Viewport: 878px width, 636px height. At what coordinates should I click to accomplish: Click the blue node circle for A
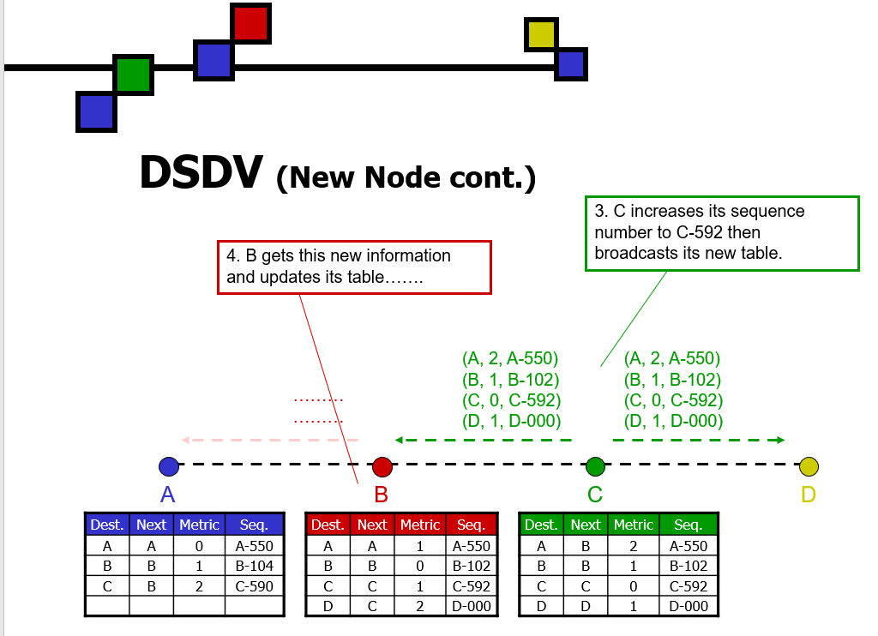(169, 467)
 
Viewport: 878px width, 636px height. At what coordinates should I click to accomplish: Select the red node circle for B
(382, 467)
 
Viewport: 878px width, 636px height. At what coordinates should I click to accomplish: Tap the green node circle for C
(595, 467)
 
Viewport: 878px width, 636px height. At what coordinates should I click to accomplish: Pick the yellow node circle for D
(809, 467)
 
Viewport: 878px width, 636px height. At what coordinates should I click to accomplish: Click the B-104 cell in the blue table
(254, 566)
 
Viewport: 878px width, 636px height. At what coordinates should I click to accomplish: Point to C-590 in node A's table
(254, 586)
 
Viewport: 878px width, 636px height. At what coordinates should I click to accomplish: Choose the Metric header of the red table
(420, 525)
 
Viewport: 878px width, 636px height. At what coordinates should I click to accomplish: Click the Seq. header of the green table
(689, 525)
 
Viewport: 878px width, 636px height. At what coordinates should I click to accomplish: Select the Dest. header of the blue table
(107, 525)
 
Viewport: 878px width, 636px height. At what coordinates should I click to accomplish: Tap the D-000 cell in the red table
(472, 607)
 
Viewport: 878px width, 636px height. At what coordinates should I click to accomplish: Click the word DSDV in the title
(201, 173)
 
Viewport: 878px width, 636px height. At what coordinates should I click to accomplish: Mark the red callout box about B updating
(354, 267)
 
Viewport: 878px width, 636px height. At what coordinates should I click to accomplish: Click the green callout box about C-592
(722, 233)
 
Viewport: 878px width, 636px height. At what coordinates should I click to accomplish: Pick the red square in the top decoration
(251, 23)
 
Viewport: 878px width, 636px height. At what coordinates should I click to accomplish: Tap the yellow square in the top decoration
(541, 35)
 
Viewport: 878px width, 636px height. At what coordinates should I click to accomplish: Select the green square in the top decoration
(134, 75)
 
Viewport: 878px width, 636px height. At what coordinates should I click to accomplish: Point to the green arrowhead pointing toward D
(779, 441)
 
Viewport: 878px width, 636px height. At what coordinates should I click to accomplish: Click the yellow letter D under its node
(809, 495)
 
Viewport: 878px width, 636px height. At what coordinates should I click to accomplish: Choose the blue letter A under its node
(169, 495)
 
